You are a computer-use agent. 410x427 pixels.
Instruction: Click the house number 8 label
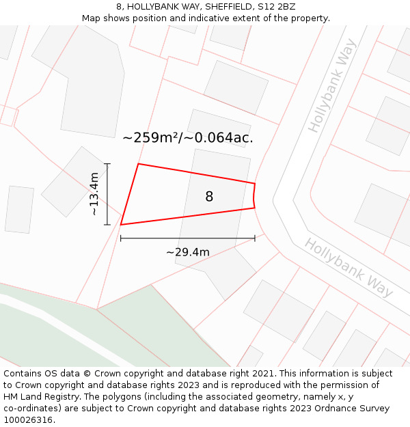pyautogui.click(x=209, y=197)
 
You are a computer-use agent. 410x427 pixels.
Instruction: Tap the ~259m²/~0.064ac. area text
pyautogui.click(x=188, y=137)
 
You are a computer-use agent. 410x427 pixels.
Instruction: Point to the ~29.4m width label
pyautogui.click(x=188, y=252)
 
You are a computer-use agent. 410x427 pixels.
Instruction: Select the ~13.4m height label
pyautogui.click(x=95, y=194)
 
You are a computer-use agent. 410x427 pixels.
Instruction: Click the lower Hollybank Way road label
pyautogui.click(x=348, y=267)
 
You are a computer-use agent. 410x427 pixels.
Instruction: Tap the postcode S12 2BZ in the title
pyautogui.click(x=276, y=6)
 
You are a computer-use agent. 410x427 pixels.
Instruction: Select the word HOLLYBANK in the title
pyautogui.click(x=153, y=6)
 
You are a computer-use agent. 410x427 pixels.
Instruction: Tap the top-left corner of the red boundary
pyautogui.click(x=139, y=164)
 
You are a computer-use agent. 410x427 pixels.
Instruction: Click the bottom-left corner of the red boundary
pyautogui.click(x=121, y=224)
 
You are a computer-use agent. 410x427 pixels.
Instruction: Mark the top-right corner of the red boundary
pyautogui.click(x=255, y=183)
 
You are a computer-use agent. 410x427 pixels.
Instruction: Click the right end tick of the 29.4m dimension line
pyautogui.click(x=255, y=238)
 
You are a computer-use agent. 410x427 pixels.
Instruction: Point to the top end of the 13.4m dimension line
pyautogui.click(x=107, y=164)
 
